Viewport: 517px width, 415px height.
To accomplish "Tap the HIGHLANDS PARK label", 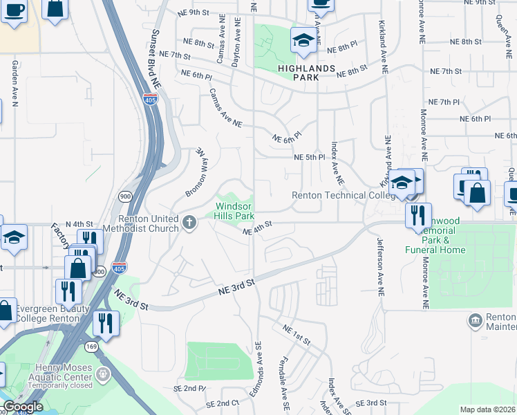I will [307, 73].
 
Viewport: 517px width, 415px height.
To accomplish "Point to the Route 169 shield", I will [91, 345].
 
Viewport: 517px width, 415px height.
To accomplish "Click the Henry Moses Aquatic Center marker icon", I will [103, 376].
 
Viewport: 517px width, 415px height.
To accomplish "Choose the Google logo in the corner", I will [23, 407].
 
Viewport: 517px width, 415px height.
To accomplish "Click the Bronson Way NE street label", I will [195, 172].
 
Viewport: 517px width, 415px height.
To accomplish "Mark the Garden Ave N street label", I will [13, 82].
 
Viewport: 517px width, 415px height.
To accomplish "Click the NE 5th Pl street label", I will [310, 157].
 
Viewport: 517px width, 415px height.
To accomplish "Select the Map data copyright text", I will [487, 409].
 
